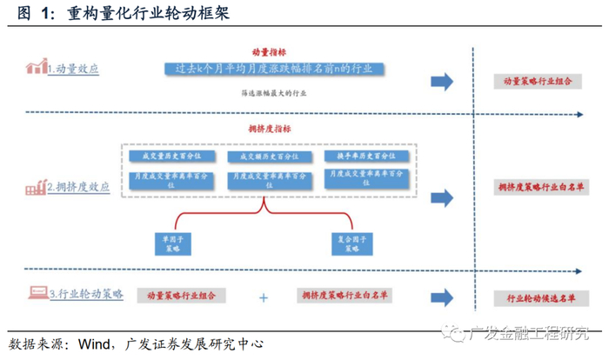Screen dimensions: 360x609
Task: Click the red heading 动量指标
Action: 267,51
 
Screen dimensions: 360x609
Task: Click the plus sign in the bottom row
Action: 264,297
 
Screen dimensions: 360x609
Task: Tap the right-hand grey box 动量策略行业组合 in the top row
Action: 536,80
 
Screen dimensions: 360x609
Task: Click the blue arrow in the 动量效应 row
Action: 443,81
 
